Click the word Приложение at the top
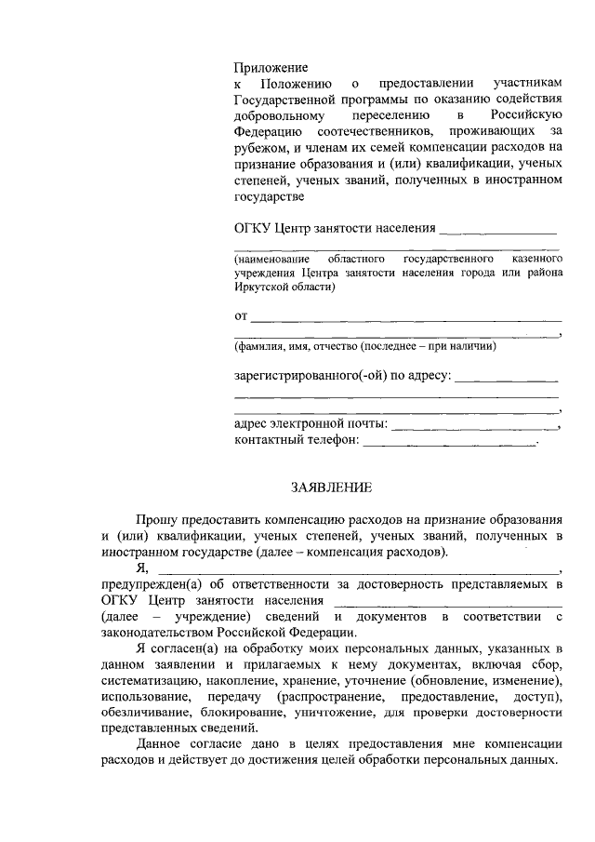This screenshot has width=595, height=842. click(x=270, y=68)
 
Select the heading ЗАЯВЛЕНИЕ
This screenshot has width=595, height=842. click(x=331, y=487)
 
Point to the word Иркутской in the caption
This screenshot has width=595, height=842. click(x=262, y=288)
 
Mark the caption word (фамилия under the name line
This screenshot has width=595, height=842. click(x=263, y=346)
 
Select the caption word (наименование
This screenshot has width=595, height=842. click(x=272, y=257)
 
